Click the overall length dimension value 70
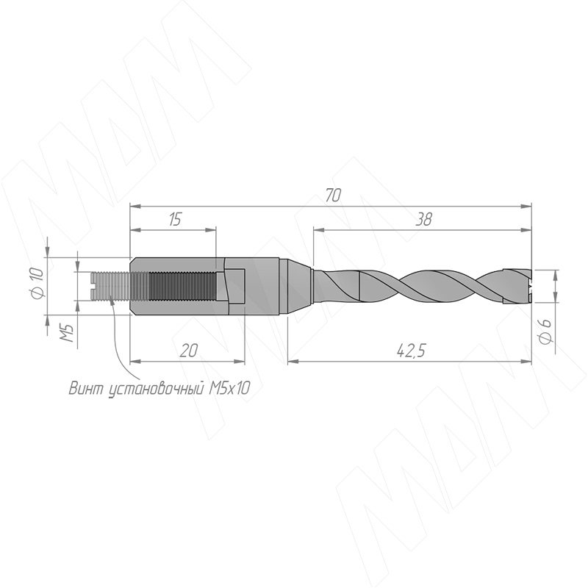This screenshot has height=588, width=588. click(333, 196)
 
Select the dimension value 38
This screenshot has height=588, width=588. click(424, 219)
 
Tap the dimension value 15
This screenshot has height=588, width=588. click(174, 219)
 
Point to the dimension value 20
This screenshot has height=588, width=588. click(189, 351)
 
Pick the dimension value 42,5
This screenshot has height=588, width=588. click(411, 351)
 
